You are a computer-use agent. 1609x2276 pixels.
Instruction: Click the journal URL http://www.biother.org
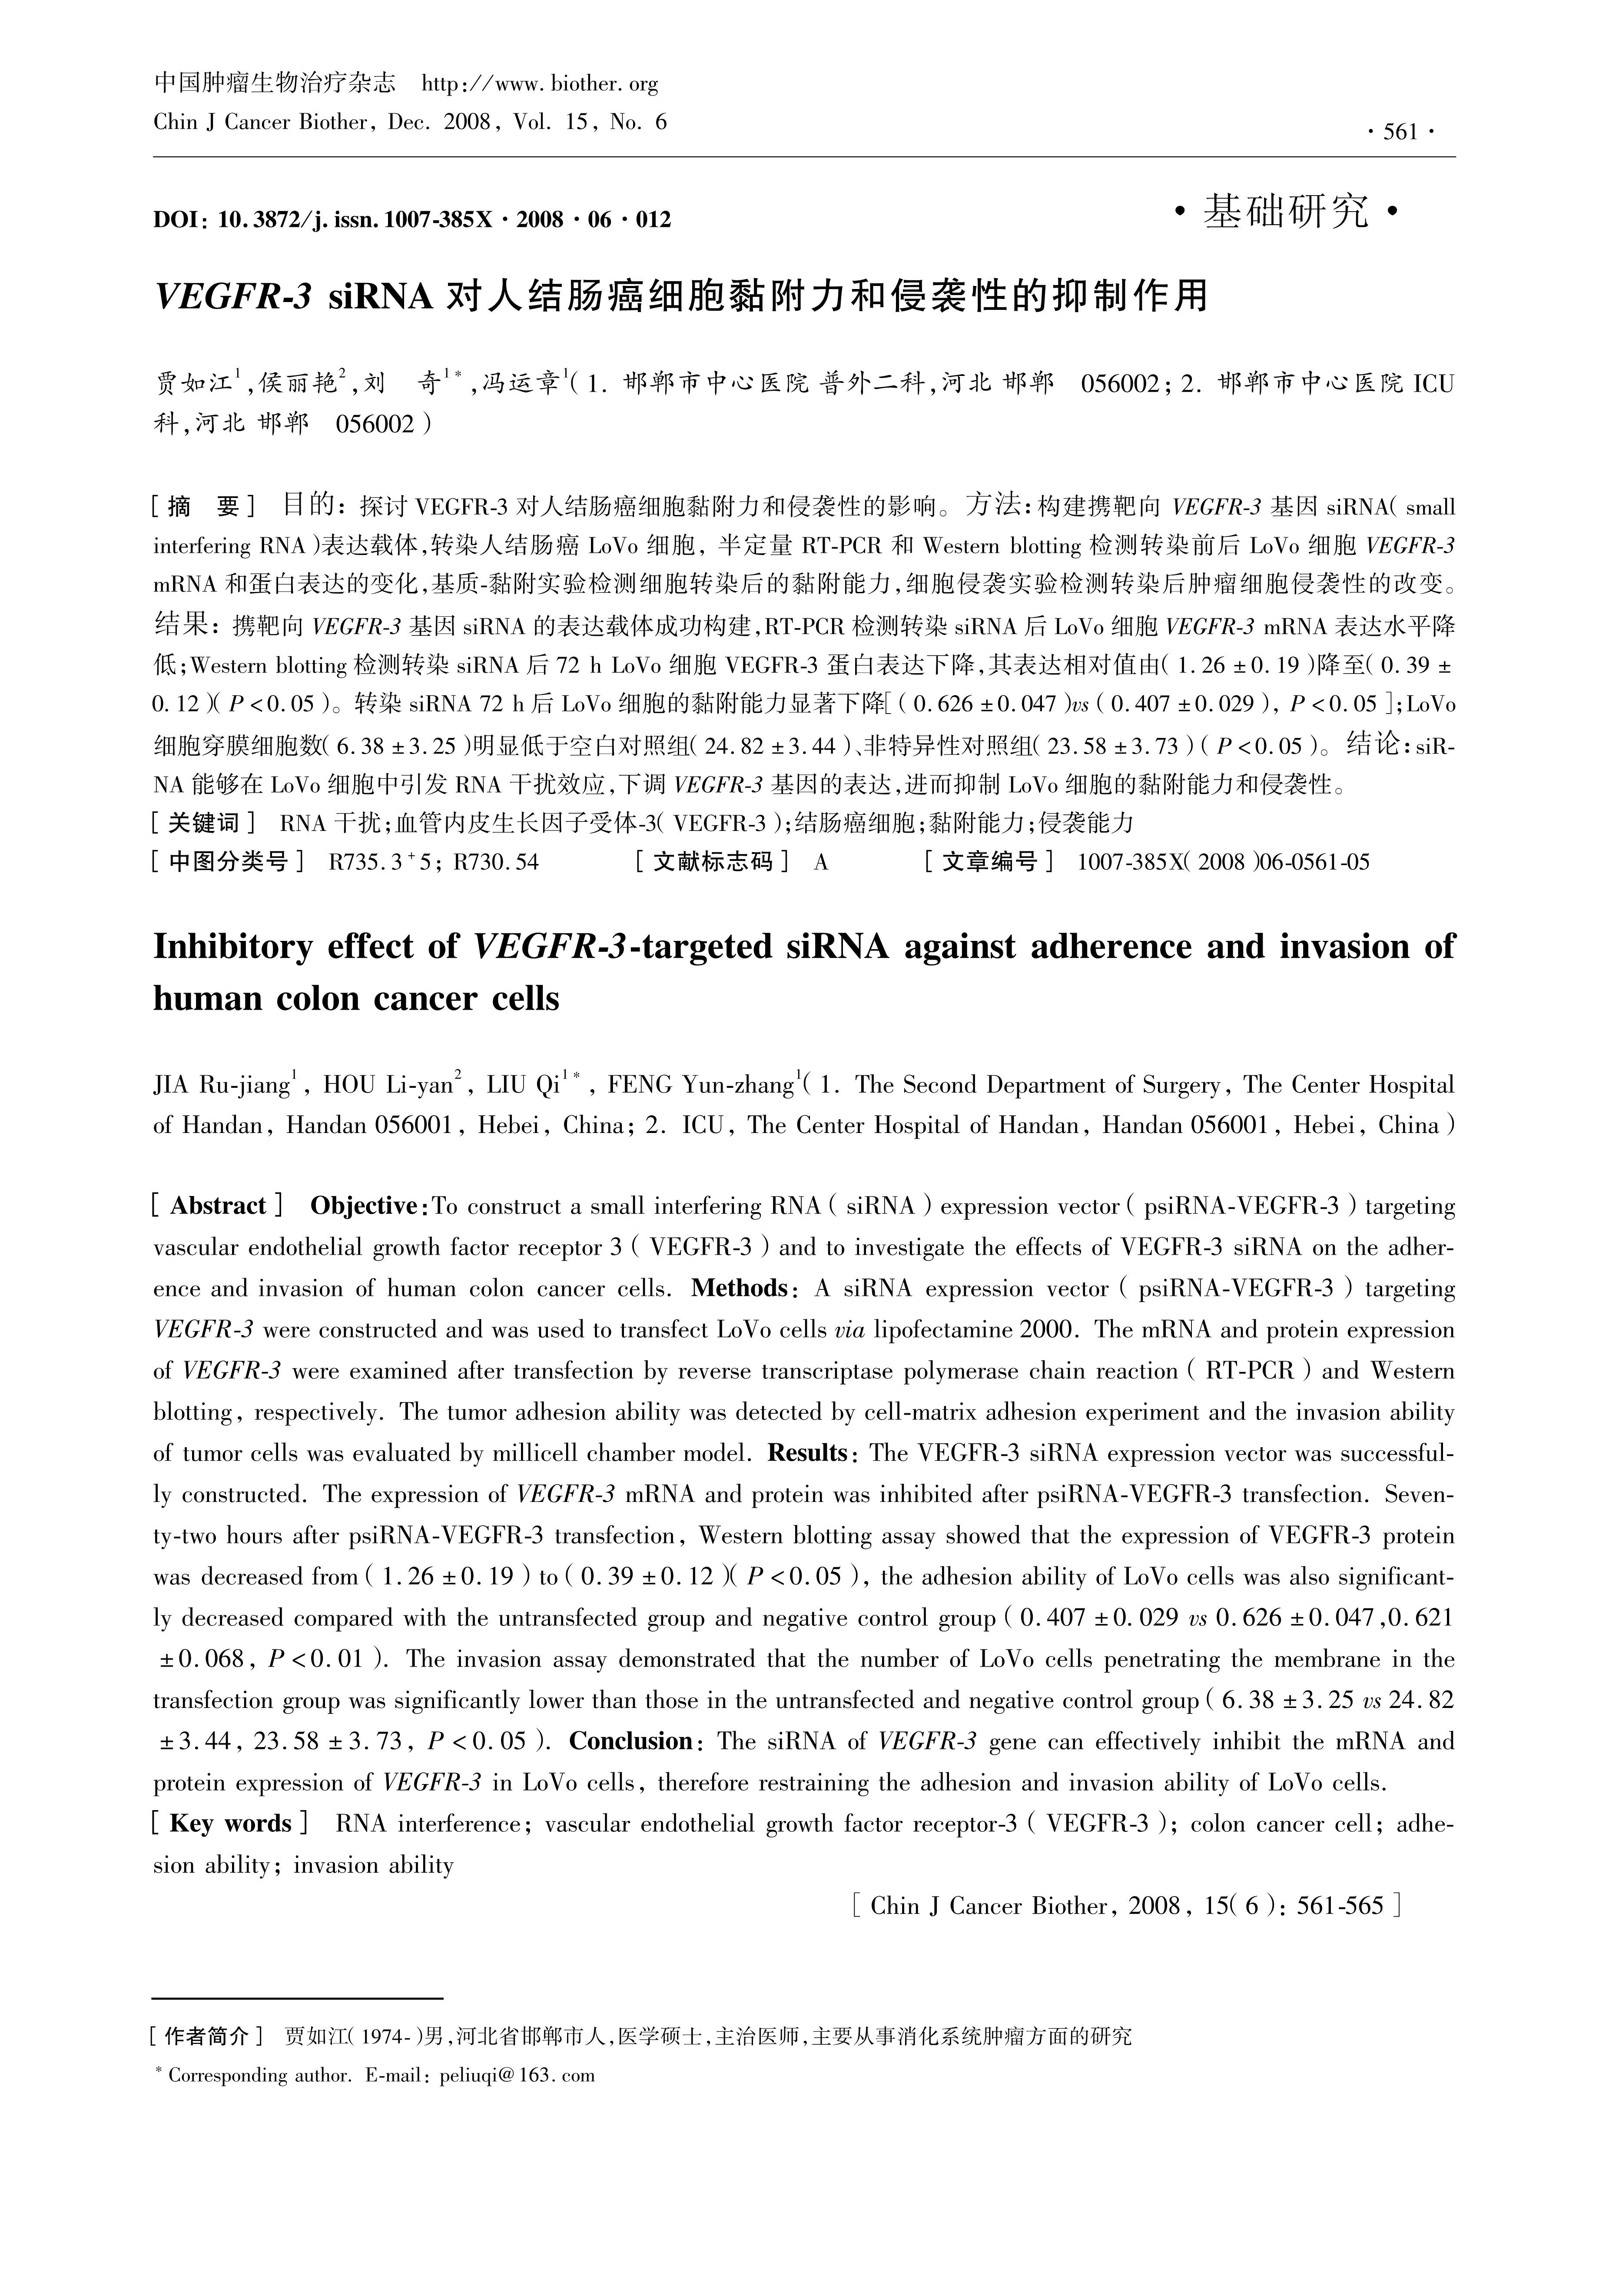540,84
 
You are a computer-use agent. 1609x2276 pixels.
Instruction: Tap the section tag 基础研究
1285,211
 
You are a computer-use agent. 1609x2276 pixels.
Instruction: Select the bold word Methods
740,1289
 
